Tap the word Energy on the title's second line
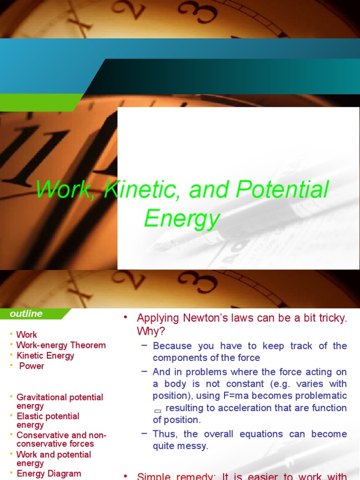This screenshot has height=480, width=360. pyautogui.click(x=182, y=218)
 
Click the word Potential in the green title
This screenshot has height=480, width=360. pyautogui.click(x=282, y=190)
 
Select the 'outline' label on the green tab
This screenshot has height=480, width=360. pyautogui.click(x=26, y=314)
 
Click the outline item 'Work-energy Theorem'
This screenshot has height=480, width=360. pyautogui.click(x=61, y=345)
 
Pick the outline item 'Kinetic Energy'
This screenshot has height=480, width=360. pyautogui.click(x=45, y=356)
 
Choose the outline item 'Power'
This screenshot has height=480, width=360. pyautogui.click(x=31, y=366)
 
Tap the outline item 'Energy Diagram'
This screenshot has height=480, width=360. pyautogui.click(x=49, y=473)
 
